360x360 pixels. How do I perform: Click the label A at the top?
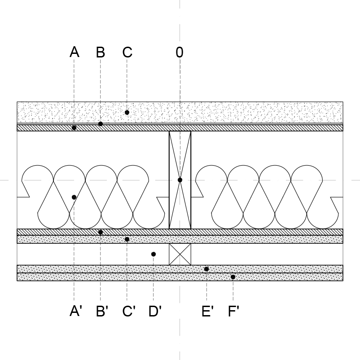[75, 52]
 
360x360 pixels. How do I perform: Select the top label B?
[101, 52]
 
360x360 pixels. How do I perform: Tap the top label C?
[127, 52]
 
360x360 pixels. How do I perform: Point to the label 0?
[180, 52]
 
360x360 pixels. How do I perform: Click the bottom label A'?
[75, 311]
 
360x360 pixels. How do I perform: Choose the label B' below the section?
[102, 311]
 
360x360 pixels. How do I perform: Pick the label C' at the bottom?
[129, 311]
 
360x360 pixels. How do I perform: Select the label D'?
[155, 311]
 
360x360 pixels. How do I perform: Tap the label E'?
[207, 311]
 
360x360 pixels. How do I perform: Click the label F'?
[233, 311]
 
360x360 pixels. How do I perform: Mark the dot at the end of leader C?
[127, 113]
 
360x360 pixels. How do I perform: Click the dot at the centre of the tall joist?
[180, 180]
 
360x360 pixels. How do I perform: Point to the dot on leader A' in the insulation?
[74, 197]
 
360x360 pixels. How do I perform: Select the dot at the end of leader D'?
[154, 254]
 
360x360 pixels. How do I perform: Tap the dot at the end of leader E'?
[206, 269]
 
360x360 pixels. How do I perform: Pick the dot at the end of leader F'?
[233, 277]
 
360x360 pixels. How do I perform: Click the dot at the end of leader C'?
[127, 239]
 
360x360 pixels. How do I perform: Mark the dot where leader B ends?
[101, 124]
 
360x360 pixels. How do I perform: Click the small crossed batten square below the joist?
[180, 254]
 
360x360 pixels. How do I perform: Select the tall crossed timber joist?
[180, 180]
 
